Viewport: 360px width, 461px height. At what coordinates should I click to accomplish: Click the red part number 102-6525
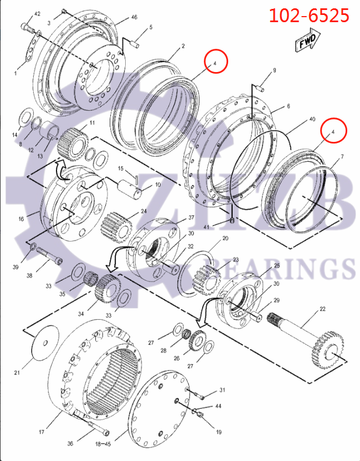[309, 15]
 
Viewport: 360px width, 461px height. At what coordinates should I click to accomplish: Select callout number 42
[37, 13]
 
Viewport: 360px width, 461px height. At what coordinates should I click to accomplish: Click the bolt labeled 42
[28, 26]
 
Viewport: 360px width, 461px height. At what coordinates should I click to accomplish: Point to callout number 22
[322, 309]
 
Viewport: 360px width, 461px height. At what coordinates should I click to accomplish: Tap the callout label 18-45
[104, 444]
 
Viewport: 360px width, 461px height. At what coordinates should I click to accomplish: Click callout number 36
[70, 443]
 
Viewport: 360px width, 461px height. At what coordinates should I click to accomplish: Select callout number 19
[219, 431]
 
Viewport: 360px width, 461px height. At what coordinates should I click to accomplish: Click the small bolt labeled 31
[200, 395]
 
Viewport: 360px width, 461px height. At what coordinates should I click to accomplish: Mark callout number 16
[21, 219]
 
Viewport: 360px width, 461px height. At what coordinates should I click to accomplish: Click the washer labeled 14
[24, 119]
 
